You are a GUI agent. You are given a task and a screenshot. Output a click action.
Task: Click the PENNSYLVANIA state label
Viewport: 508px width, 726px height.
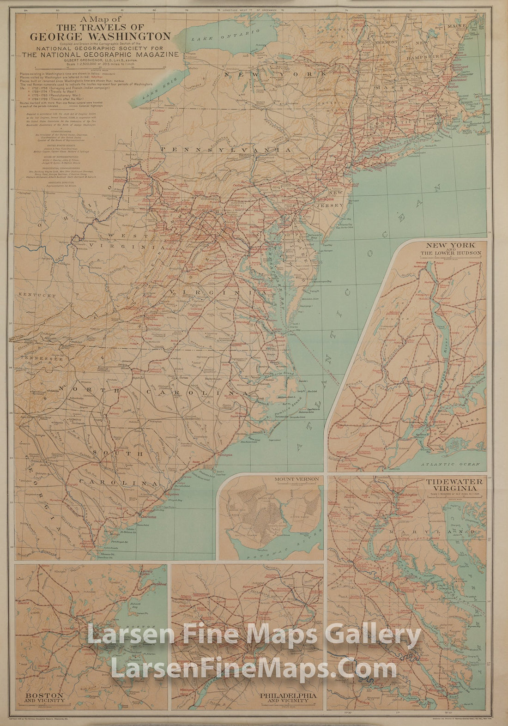coord(226,150)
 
